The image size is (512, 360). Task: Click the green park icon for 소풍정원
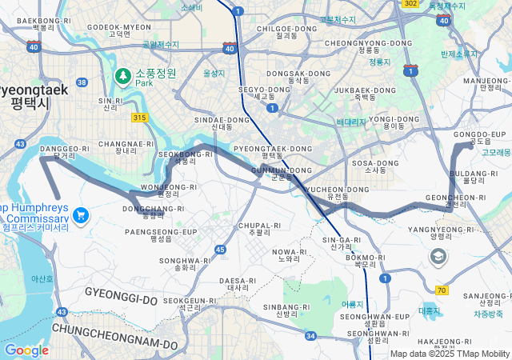(x=123, y=76)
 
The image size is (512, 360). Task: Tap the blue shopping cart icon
(x=80, y=215)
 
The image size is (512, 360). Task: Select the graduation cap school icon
(x=438, y=256)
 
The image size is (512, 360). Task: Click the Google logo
(x=26, y=350)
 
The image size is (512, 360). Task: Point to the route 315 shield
(x=140, y=118)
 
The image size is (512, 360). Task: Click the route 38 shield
(x=82, y=82)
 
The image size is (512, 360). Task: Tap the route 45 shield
(x=220, y=250)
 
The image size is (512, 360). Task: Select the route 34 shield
(x=310, y=335)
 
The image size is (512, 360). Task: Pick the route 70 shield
(x=442, y=290)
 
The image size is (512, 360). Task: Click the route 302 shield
(x=410, y=4)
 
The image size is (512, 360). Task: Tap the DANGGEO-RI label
(x=65, y=149)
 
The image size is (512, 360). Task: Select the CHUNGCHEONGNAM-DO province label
(x=114, y=327)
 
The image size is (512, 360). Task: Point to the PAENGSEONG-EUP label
(x=161, y=231)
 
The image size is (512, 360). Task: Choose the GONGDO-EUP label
(x=480, y=134)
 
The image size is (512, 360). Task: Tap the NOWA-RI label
(x=290, y=252)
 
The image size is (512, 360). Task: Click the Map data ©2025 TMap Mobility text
(x=450, y=354)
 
